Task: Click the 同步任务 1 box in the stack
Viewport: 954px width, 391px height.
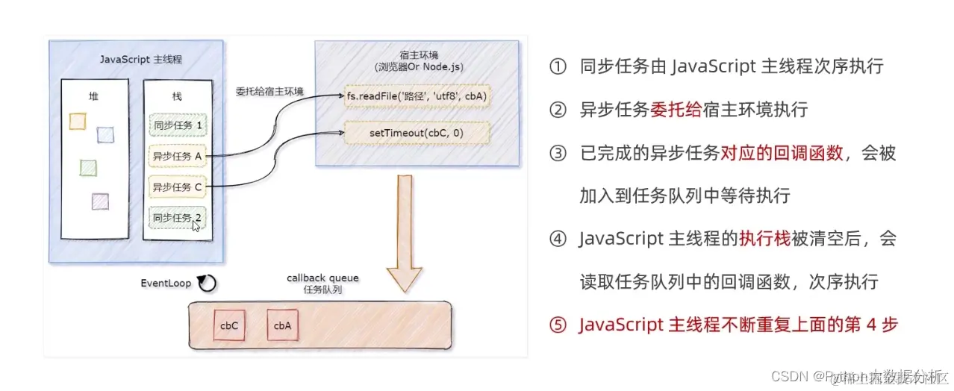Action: (178, 125)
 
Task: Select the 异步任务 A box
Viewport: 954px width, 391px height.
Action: (178, 156)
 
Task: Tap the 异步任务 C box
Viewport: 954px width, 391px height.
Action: (178, 187)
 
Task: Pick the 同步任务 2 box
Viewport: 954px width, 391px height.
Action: (178, 218)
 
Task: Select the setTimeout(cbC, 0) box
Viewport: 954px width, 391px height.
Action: (417, 133)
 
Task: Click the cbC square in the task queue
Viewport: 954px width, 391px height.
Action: (229, 326)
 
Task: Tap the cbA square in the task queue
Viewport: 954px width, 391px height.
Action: (282, 326)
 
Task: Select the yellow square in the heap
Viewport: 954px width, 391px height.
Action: (77, 121)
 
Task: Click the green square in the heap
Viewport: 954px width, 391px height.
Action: (88, 167)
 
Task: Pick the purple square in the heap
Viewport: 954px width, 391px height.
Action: (100, 201)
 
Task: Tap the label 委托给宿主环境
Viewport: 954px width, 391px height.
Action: (269, 90)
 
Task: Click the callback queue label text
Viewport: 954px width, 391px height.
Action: (322, 278)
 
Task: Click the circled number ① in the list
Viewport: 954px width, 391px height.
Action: (558, 66)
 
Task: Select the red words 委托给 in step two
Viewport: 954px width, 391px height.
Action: (676, 110)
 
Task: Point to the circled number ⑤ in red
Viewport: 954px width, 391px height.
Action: (558, 325)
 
